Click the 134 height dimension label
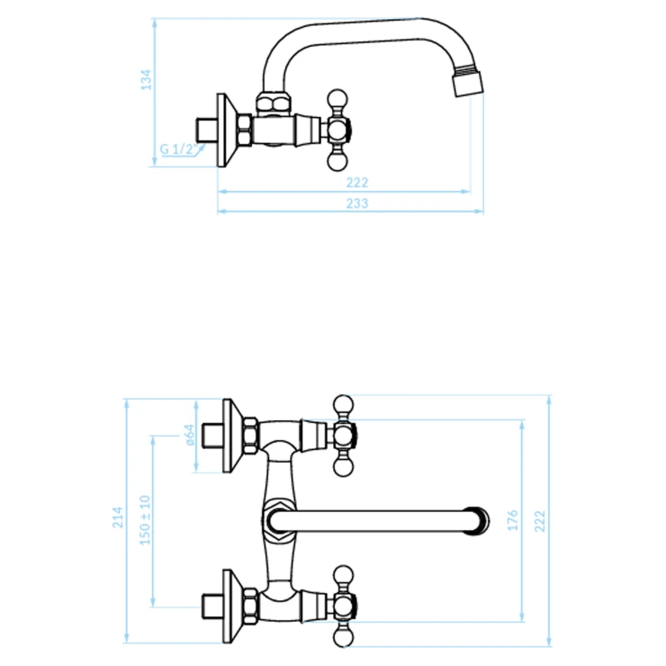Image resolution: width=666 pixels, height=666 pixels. pyautogui.click(x=146, y=79)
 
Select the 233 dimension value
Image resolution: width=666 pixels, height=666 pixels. pyautogui.click(x=356, y=203)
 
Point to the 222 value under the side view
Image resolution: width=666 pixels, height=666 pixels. pyautogui.click(x=356, y=183)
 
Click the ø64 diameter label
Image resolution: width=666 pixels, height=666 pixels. pyautogui.click(x=190, y=435)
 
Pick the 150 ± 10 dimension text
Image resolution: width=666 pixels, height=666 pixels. pyautogui.click(x=145, y=520)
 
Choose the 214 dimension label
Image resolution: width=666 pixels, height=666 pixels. pyautogui.click(x=118, y=517)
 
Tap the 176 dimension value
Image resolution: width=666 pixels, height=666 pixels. pyautogui.click(x=513, y=520)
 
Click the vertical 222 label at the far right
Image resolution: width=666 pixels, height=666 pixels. pyautogui.click(x=539, y=521)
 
